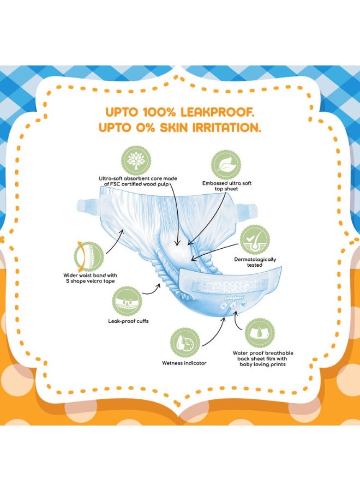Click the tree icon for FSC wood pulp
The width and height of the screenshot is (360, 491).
click(x=136, y=160)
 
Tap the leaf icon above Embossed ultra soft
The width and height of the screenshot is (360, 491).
click(x=226, y=165)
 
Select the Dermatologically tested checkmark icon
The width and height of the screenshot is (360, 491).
click(x=255, y=240)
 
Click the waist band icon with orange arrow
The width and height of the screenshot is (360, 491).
click(x=88, y=256)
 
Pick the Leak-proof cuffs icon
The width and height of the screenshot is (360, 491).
click(x=127, y=301)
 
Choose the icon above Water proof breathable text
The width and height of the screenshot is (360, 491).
click(x=260, y=333)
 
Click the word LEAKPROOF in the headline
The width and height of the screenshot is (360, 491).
click(x=215, y=112)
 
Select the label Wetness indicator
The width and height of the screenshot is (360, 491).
click(x=184, y=363)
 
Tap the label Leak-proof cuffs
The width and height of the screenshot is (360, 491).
click(x=128, y=321)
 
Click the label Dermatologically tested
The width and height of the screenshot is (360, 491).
click(x=255, y=262)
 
